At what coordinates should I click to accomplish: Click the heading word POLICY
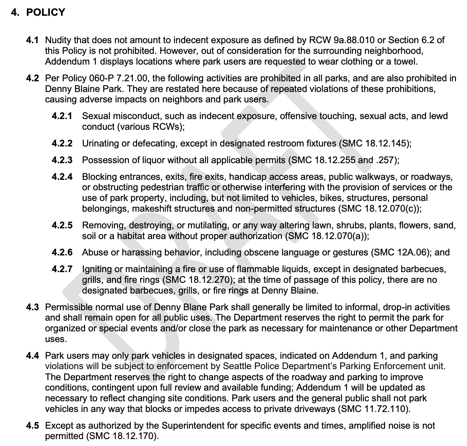pyautogui.click(x=46, y=12)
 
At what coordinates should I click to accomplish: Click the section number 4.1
pyautogui.click(x=32, y=40)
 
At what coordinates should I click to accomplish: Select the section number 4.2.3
pyautogui.click(x=62, y=160)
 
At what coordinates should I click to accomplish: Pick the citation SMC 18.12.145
pyautogui.click(x=375, y=143)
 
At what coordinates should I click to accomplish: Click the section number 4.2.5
pyautogui.click(x=62, y=225)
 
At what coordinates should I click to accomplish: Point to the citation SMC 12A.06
pyautogui.click(x=400, y=252)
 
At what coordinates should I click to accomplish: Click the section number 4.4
pyautogui.click(x=32, y=356)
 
